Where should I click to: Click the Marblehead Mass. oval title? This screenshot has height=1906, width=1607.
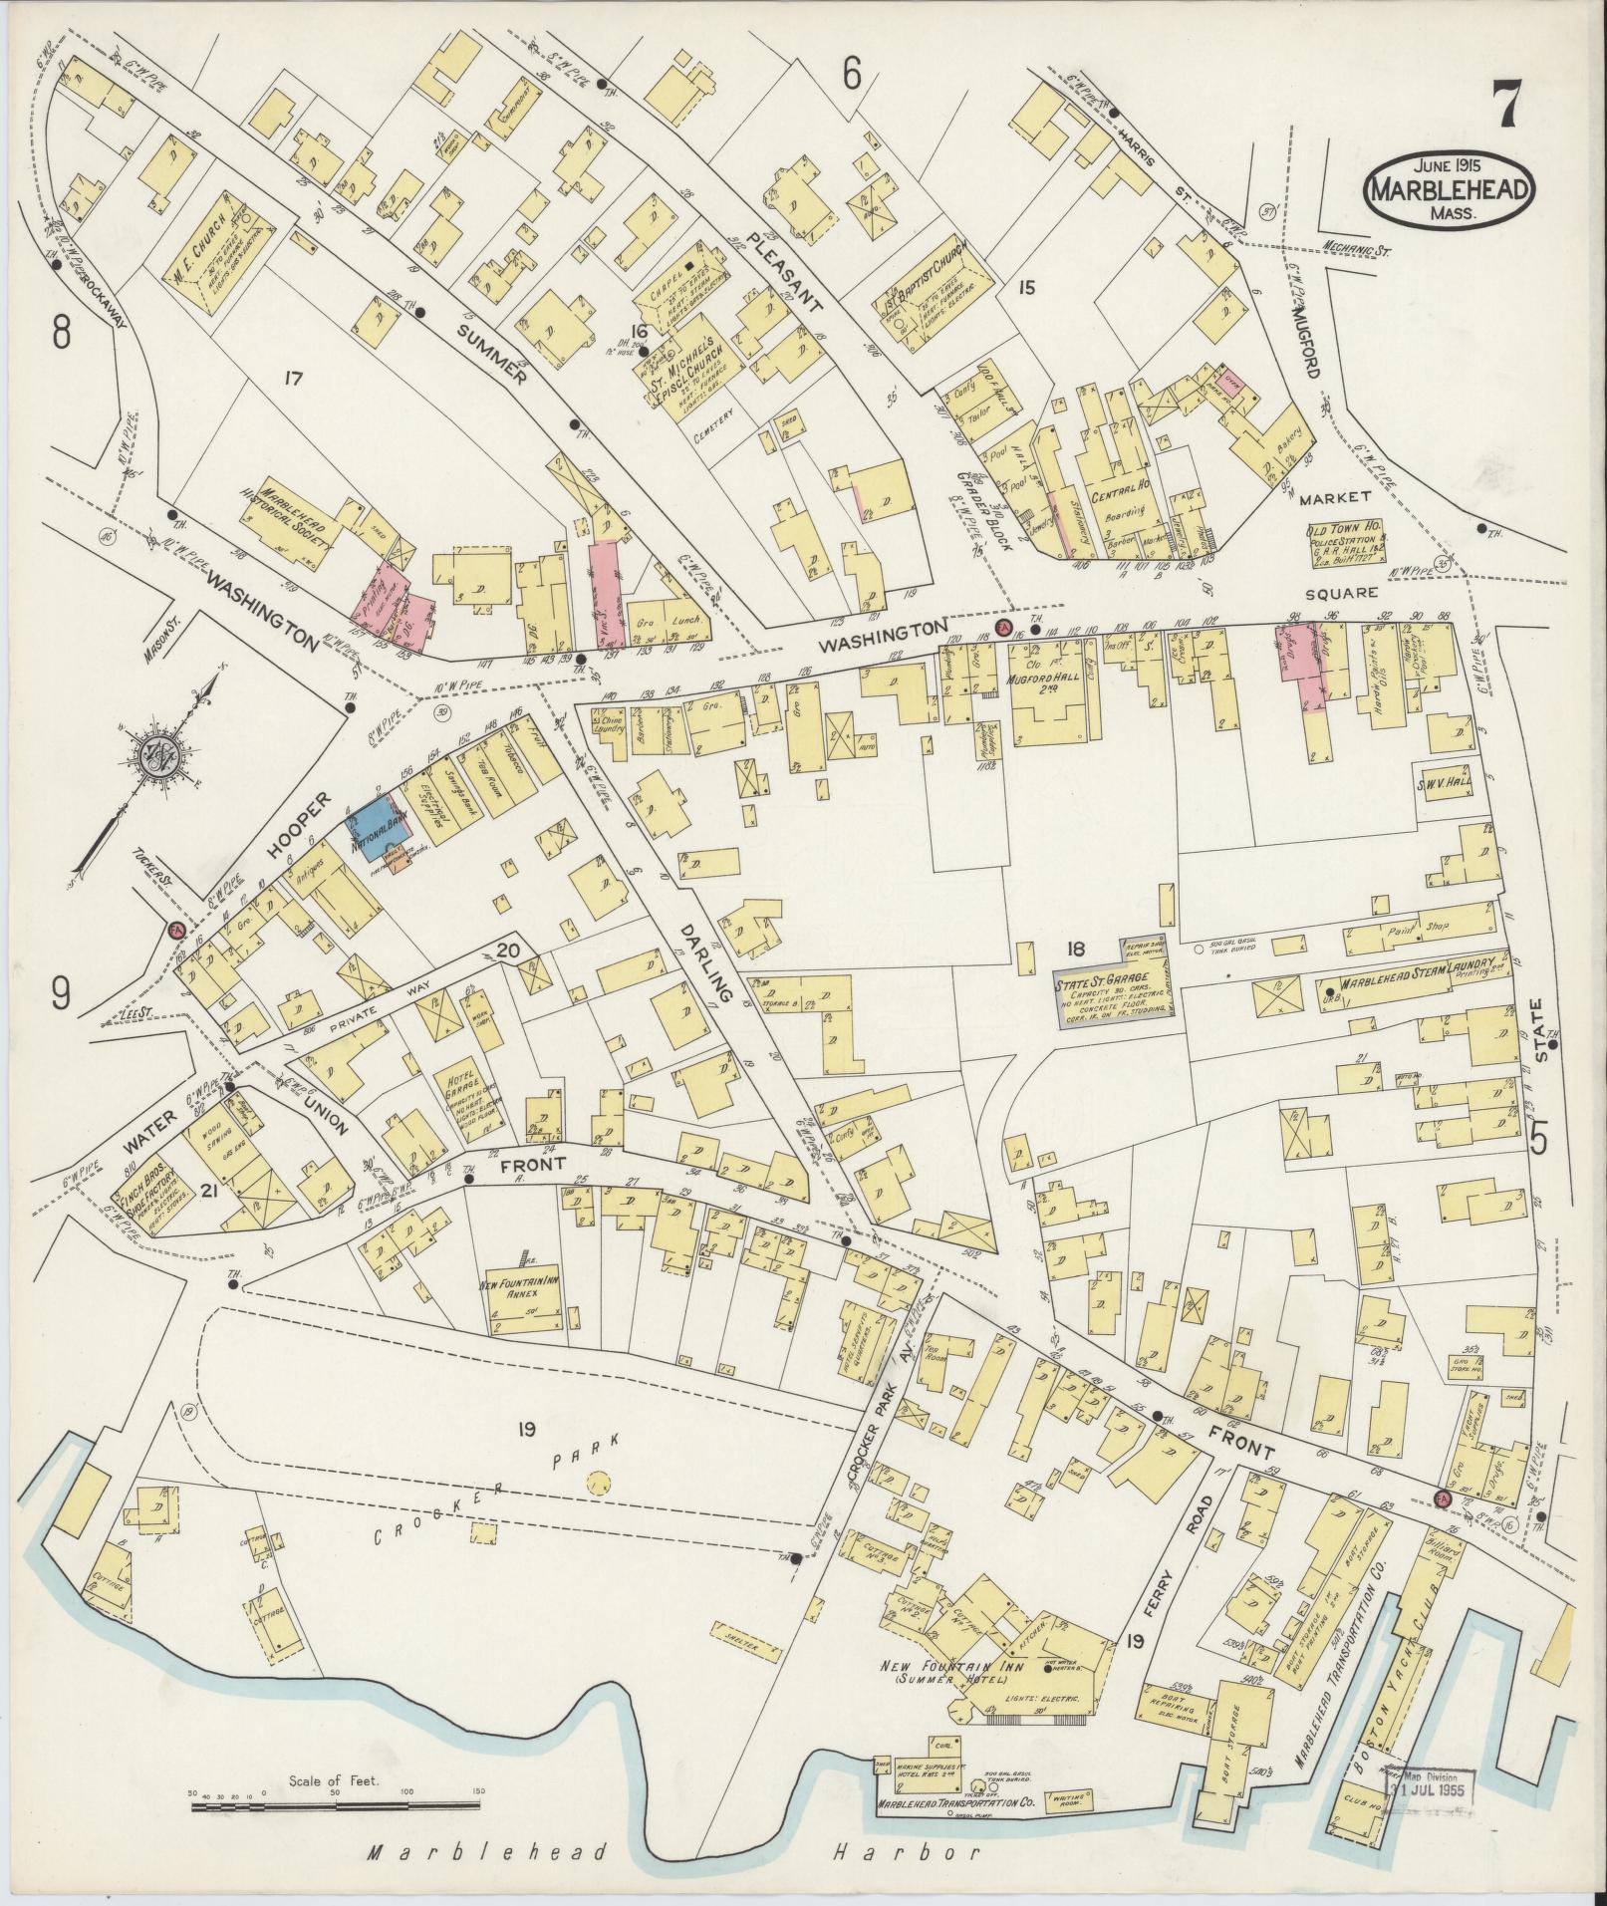(1450, 185)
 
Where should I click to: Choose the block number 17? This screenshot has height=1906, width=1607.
(292, 378)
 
